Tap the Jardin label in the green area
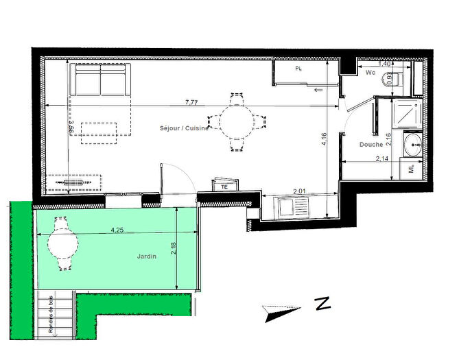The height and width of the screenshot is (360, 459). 146,256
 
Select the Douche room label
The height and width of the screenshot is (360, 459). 370,144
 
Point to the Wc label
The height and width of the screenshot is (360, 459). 370,72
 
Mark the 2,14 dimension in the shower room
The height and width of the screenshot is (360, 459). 383,158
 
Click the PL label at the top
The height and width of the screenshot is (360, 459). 299,69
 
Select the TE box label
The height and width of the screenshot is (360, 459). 224,186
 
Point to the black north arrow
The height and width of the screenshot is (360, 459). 282,313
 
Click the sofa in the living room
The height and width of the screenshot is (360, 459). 101,80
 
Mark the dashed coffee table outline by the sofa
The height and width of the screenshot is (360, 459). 99,133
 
